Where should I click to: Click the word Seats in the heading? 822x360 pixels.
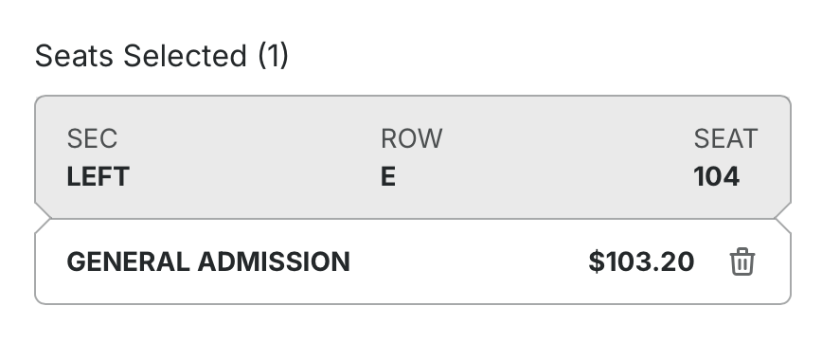[x=74, y=56]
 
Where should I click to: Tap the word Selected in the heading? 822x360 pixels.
[x=185, y=56]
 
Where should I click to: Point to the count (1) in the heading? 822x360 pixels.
[x=273, y=56]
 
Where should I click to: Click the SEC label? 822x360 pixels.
[x=92, y=138]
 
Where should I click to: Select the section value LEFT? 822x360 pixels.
[x=98, y=177]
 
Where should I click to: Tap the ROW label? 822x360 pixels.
[x=412, y=138]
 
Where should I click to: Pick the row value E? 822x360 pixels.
[x=388, y=177]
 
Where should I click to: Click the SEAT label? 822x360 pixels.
[x=725, y=138]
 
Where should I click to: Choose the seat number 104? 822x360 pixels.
[x=717, y=177]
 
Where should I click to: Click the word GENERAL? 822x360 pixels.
[x=129, y=261]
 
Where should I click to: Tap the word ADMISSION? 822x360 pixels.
[x=274, y=261]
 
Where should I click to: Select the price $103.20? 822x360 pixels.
[x=642, y=261]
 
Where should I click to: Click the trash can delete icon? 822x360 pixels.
[x=742, y=261]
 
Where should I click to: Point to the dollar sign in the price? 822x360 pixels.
[x=597, y=261]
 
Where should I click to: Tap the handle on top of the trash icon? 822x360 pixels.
[x=742, y=251]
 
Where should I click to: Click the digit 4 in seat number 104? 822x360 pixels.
[x=732, y=177]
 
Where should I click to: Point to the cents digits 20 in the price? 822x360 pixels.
[x=679, y=261]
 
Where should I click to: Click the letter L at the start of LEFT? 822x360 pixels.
[x=74, y=177]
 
